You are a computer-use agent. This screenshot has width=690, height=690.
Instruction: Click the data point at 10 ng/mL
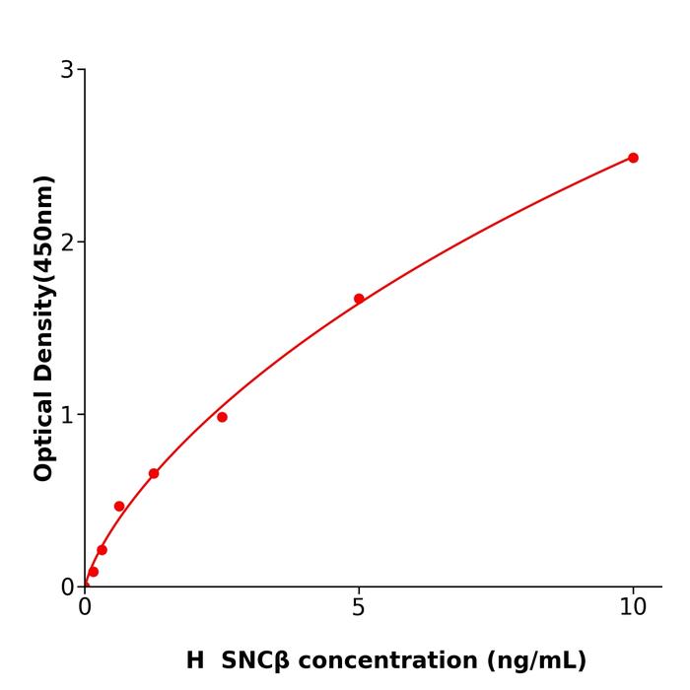click(633, 158)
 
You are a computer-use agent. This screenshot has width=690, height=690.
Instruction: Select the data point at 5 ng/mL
click(359, 299)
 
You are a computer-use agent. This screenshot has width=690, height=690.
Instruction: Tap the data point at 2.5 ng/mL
click(222, 417)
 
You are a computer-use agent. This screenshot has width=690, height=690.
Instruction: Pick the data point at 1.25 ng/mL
click(154, 473)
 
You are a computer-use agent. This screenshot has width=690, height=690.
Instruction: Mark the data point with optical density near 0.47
click(119, 506)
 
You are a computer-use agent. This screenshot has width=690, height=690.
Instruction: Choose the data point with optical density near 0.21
click(102, 550)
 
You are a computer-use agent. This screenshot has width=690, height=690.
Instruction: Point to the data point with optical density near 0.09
click(94, 572)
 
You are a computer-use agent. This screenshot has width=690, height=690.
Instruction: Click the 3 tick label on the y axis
click(67, 70)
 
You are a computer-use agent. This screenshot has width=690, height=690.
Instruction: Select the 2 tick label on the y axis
click(67, 242)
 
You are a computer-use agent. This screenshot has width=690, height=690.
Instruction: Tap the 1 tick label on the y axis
click(67, 415)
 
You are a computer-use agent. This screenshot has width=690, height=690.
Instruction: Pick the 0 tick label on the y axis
click(67, 587)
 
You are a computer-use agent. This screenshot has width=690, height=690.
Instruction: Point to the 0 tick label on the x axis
click(85, 608)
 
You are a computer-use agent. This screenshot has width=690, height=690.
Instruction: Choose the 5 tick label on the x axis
click(359, 608)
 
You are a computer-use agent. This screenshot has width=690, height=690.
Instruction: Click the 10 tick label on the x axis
click(633, 608)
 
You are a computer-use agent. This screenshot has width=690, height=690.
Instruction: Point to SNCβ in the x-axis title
click(255, 661)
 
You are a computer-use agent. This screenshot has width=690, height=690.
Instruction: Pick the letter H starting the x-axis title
click(195, 661)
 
